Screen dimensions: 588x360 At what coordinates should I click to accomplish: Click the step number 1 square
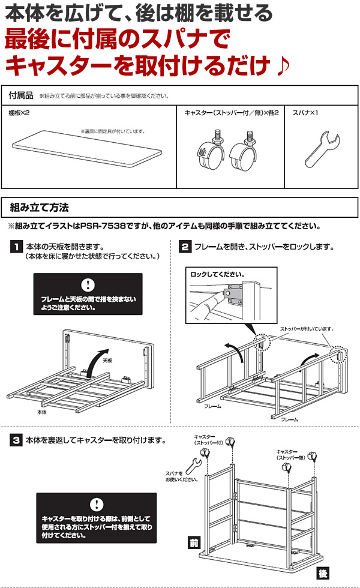pos(16,247)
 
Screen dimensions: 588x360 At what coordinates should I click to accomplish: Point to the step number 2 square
pos(186,247)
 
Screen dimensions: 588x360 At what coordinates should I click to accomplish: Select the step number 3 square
pos(16,440)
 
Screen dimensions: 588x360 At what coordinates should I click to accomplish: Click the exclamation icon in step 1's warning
pos(88,284)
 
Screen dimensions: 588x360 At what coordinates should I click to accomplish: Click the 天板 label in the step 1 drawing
pos(107,361)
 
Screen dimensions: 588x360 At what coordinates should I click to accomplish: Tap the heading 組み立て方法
pos(40,208)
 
